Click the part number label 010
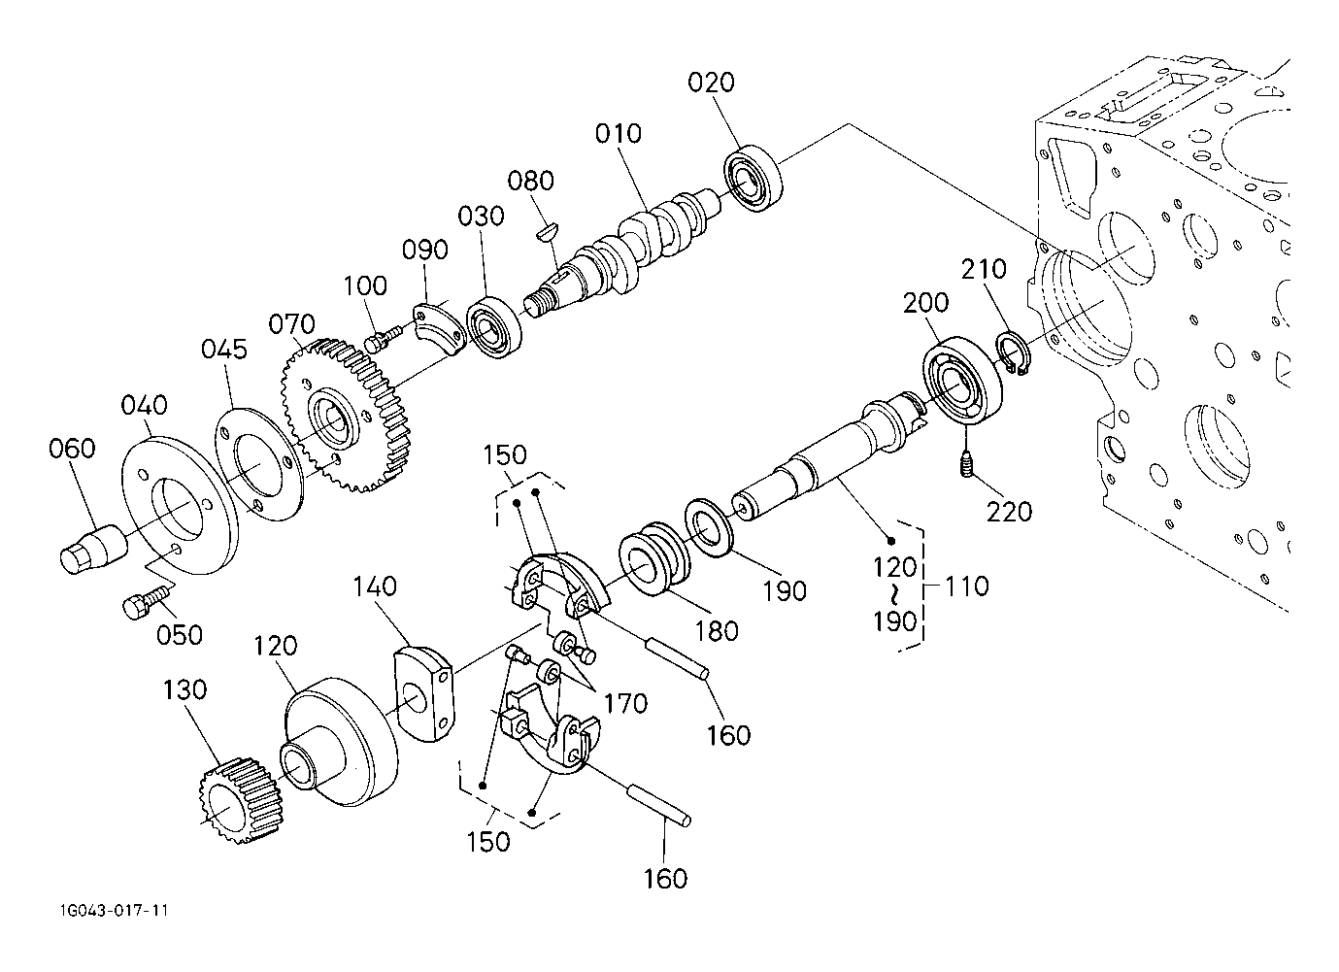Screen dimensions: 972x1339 pyautogui.click(x=619, y=133)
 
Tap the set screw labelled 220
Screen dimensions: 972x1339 pyautogui.click(x=967, y=464)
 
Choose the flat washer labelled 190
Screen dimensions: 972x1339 pyautogui.click(x=710, y=525)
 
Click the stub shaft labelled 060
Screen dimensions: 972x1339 pyautogui.click(x=89, y=549)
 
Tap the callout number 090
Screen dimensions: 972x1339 pyautogui.click(x=425, y=250)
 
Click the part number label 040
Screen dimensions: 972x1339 pyautogui.click(x=146, y=405)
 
